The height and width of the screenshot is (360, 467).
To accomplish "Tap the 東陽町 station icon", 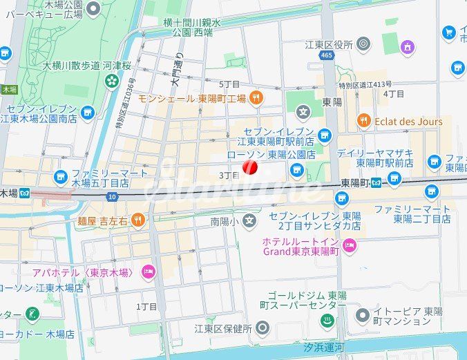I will tap(377, 183).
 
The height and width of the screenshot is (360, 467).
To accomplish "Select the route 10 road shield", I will tap(112, 197).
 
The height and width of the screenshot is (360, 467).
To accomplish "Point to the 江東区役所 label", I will tap(329, 45).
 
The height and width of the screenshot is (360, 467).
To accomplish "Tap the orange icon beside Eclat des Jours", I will tap(364, 122).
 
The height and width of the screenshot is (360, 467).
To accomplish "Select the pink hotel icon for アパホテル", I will tap(148, 272).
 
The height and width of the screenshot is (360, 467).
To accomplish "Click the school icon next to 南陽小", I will tap(249, 222).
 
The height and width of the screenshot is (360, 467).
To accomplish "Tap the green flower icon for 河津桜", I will tap(112, 82).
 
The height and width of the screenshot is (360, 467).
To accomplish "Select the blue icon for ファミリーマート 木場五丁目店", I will tap(61, 178).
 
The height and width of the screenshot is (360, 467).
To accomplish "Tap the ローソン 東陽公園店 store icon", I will tap(297, 170).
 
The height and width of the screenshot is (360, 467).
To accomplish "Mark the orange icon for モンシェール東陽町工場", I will tap(256, 98).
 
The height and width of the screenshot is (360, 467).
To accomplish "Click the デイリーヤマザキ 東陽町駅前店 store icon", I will tap(434, 162).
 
